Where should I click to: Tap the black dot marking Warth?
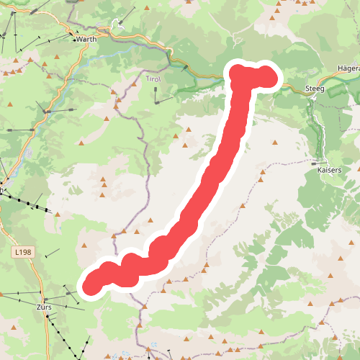pos(75,40)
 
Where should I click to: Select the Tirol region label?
pos(153,78)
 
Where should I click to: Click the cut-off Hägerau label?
pos(348,68)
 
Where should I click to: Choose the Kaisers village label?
pos(328,173)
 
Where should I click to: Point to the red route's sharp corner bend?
pos(240,75)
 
